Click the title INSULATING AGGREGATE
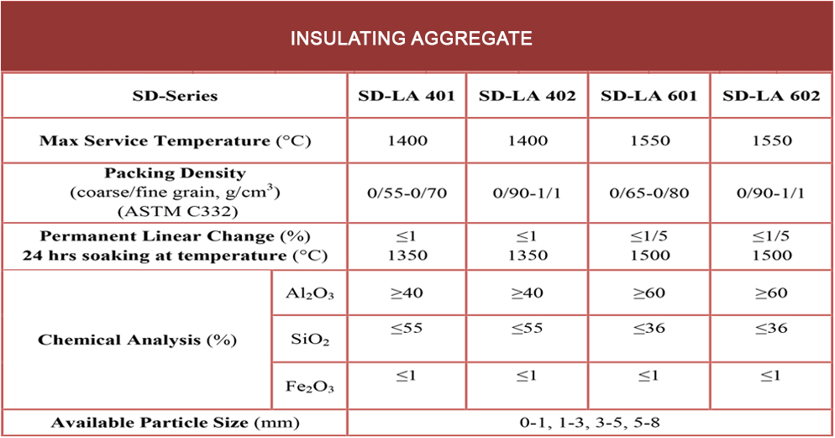(x=411, y=39)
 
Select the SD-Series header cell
(x=175, y=96)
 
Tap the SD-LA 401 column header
(x=407, y=96)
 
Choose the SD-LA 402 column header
(x=528, y=96)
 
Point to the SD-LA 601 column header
(x=649, y=96)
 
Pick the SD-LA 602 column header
(x=771, y=96)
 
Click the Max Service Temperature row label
(x=175, y=140)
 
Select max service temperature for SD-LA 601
(x=649, y=140)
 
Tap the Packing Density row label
(x=175, y=193)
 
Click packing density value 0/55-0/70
(x=407, y=193)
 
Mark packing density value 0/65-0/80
(x=649, y=193)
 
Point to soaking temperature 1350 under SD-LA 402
(x=528, y=255)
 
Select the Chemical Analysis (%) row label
(x=138, y=340)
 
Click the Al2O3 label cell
(x=309, y=293)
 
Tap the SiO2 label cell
(x=309, y=340)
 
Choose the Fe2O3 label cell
(x=309, y=387)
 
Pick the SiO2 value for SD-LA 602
(x=771, y=329)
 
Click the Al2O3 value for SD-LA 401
(x=407, y=293)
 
